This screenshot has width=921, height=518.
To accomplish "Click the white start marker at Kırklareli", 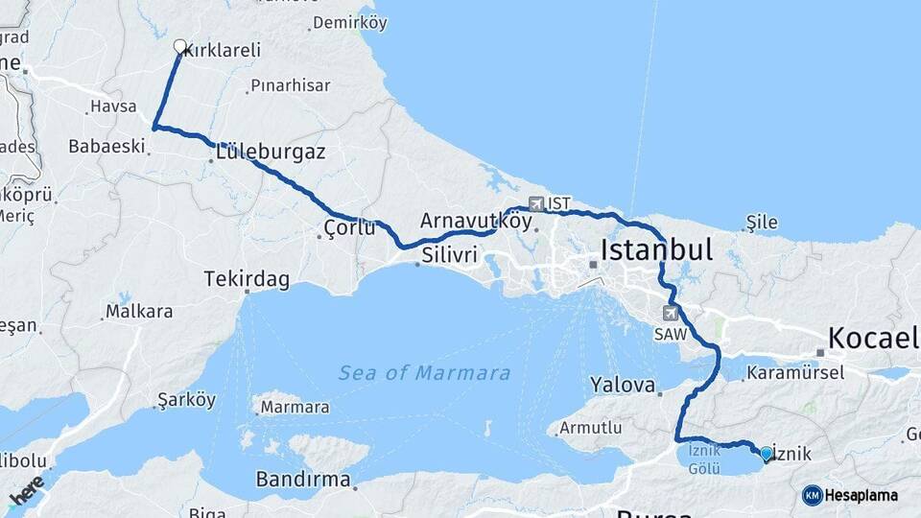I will (179, 46).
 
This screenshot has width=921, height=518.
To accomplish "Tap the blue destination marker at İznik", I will (766, 453).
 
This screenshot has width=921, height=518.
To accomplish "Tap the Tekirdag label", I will (247, 279).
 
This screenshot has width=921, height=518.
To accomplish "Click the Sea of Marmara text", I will (424, 372).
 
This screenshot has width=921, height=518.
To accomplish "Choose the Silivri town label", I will (448, 256).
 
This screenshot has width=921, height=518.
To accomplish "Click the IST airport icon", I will (535, 203).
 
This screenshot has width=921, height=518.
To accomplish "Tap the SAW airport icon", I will (670, 314).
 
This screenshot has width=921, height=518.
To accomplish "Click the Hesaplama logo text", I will (862, 495).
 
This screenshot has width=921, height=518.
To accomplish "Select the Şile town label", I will (763, 223).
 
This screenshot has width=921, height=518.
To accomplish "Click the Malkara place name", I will (139, 311).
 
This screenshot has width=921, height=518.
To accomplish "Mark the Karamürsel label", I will (795, 371).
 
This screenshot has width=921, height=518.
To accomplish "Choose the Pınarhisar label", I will (290, 85).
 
